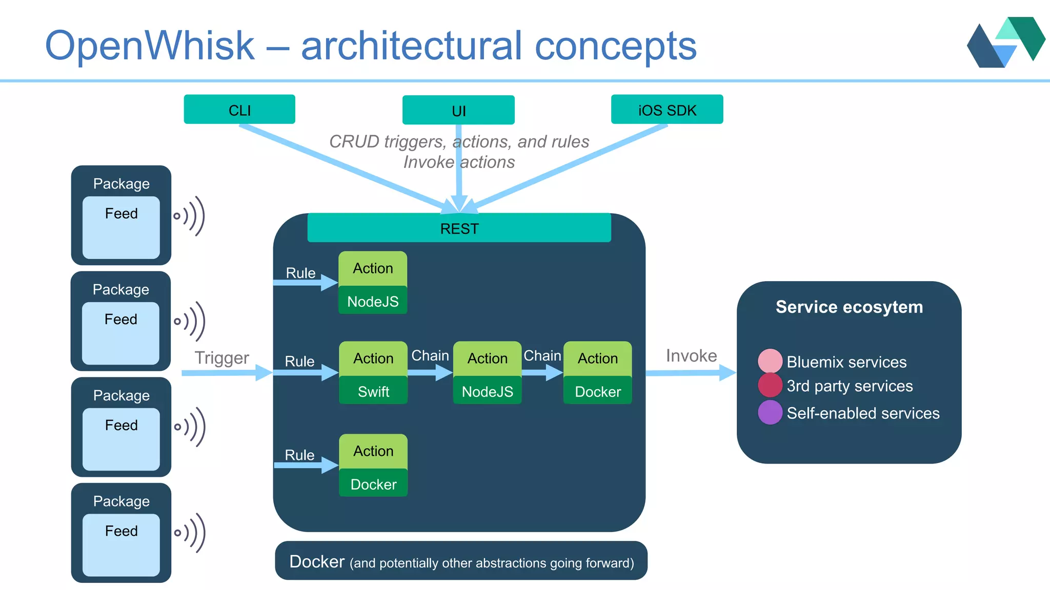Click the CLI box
[x=239, y=110]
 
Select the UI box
[x=458, y=110]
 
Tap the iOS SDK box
[x=667, y=110]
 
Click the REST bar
[x=459, y=228]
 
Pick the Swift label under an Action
[x=373, y=391]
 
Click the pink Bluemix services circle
[x=770, y=361]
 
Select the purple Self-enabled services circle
[x=770, y=412]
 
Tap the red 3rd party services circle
[x=770, y=385]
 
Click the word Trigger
[x=221, y=357]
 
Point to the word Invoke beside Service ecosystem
[x=691, y=355]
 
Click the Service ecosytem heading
[x=849, y=307]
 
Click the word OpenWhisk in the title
[x=149, y=46]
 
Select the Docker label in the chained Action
[x=597, y=391]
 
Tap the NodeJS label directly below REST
[x=373, y=301]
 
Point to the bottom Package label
[x=122, y=501]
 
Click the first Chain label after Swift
[x=430, y=355]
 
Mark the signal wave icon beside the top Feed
[x=190, y=216]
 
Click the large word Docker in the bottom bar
[x=316, y=561]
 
